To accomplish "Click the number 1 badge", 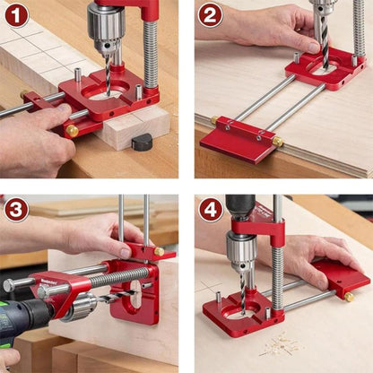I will pos(17,15).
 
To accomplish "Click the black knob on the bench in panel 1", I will pos(143,142).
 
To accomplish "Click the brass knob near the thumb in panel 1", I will pos(71,130).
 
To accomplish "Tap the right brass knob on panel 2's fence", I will pos(277,142).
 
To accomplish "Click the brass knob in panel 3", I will pos(158,252).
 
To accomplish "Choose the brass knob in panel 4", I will pos(349,297).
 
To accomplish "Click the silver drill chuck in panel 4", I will pos(241,250).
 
